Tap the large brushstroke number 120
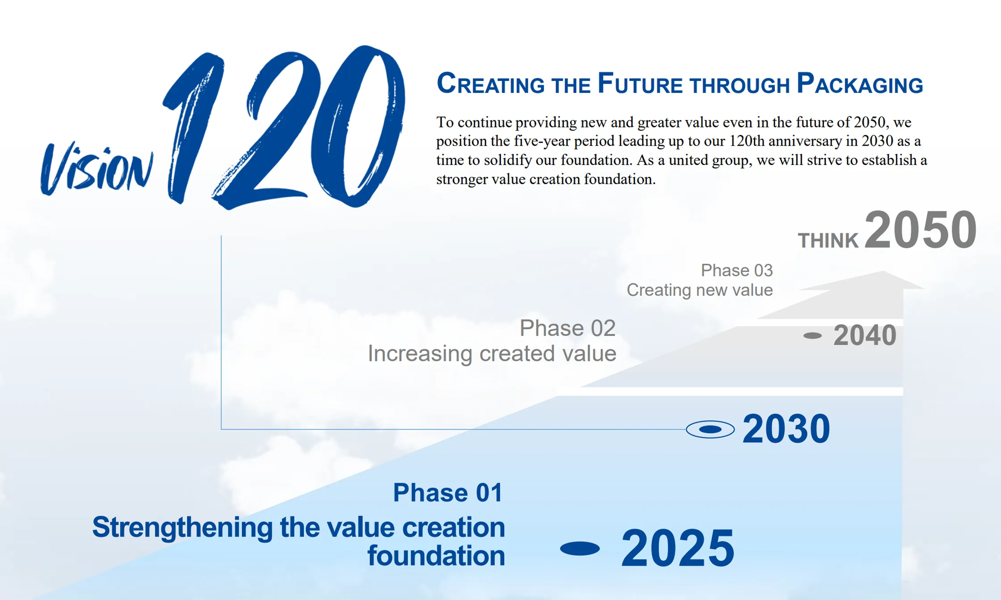coord(286,127)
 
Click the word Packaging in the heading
coord(860,84)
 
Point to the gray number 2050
coord(921,230)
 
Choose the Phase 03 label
coord(736,270)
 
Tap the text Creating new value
coord(699,290)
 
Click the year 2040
coord(865,335)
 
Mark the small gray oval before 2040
coord(812,336)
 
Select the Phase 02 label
coord(568,328)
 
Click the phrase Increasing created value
coord(492,354)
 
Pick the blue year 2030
coord(786,429)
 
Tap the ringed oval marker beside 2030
coord(710,430)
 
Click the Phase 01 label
coord(448,493)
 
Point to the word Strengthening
coord(182,528)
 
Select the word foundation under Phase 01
coord(436,556)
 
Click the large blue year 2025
coord(677,548)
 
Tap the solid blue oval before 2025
coord(580,549)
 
